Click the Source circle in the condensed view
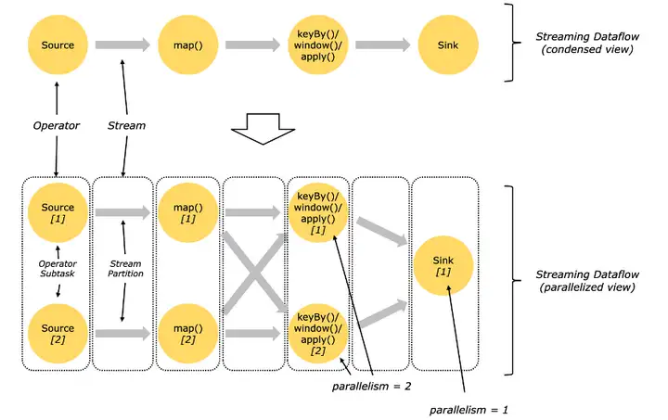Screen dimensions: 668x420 pos(58,45)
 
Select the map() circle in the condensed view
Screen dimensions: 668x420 pos(187,45)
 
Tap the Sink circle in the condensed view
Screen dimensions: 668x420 pos(448,45)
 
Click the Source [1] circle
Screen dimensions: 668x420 pos(58,212)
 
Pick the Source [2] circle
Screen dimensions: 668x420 pos(58,334)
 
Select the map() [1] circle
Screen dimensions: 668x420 pos(187,212)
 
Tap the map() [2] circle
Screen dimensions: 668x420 pos(187,334)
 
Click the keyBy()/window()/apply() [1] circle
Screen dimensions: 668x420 pos(318,212)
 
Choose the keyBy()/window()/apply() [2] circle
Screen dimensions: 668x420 pos(318,334)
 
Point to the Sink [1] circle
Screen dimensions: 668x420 pos(443,266)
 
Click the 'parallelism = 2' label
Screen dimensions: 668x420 pos(371,387)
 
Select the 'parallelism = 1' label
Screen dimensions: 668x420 pos(469,410)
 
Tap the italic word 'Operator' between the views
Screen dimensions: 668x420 pos(57,125)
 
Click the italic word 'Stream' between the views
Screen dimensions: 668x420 pos(126,125)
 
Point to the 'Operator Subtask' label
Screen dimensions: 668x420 pos(58,269)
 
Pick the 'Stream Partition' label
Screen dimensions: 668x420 pos(125,269)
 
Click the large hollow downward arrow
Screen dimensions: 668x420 pos(263,129)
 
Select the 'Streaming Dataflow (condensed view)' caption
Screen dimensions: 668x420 pos(587,43)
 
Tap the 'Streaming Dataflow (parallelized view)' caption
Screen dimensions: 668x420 pos(587,281)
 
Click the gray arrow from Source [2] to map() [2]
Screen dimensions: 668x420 pos(123,334)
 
